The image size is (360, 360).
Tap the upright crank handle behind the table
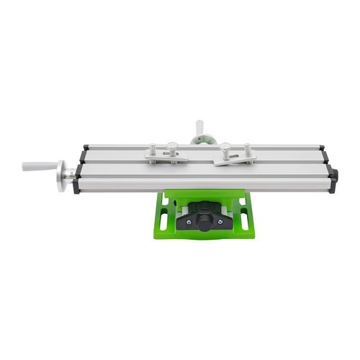[199, 127]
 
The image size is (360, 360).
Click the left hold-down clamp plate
[165, 156]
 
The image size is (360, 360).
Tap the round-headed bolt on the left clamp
[173, 148]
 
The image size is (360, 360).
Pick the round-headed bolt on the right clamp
[225, 149]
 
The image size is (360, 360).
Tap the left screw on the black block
[189, 222]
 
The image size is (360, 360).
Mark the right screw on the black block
[221, 222]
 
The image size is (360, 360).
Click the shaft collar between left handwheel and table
[72, 173]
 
